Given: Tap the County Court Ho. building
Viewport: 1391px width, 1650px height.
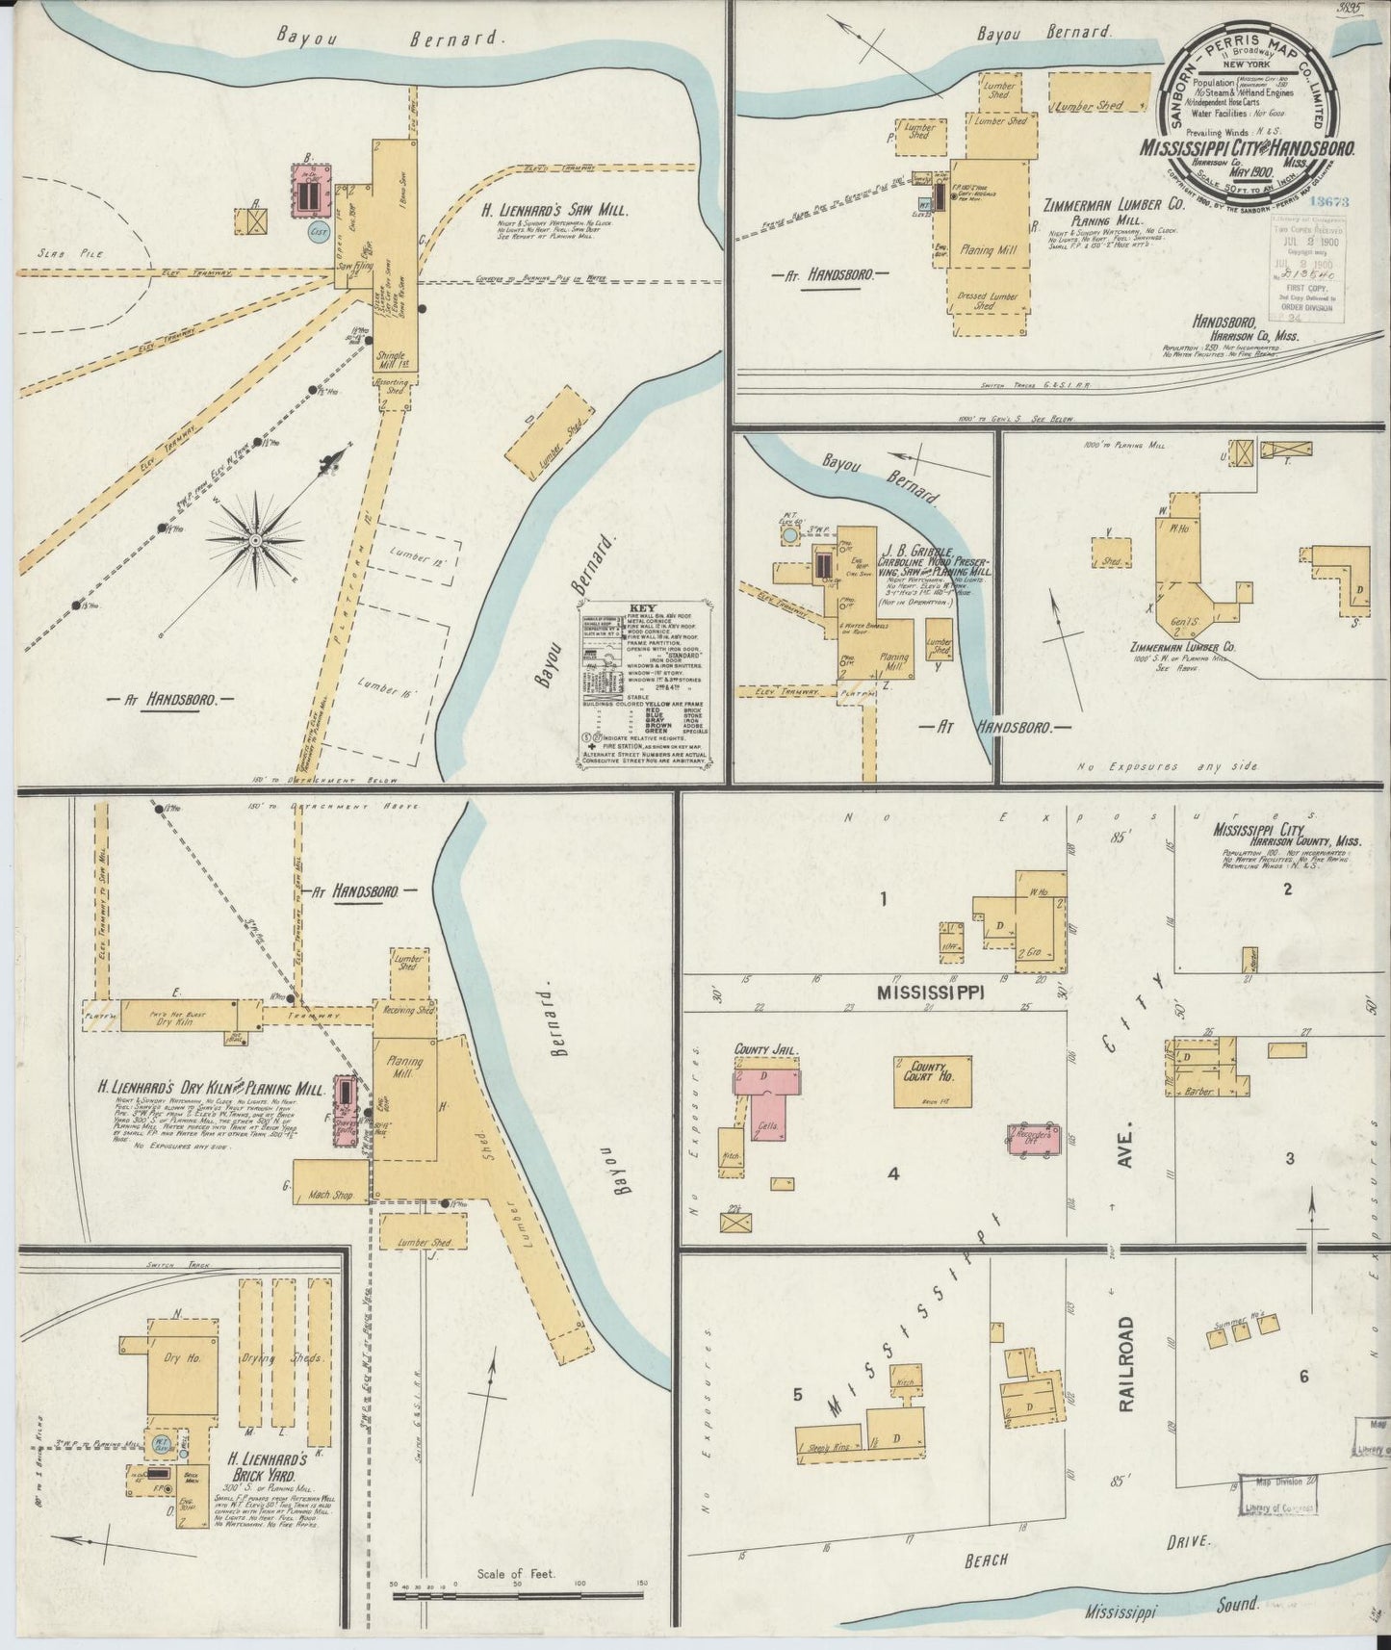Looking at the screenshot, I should pyautogui.click(x=932, y=1081).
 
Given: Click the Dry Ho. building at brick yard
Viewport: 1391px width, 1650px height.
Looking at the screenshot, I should pyautogui.click(x=182, y=1360).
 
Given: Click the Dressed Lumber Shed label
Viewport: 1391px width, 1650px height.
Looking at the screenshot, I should pyautogui.click(x=984, y=299).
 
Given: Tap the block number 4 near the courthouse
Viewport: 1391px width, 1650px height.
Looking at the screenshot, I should pyautogui.click(x=893, y=1173).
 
